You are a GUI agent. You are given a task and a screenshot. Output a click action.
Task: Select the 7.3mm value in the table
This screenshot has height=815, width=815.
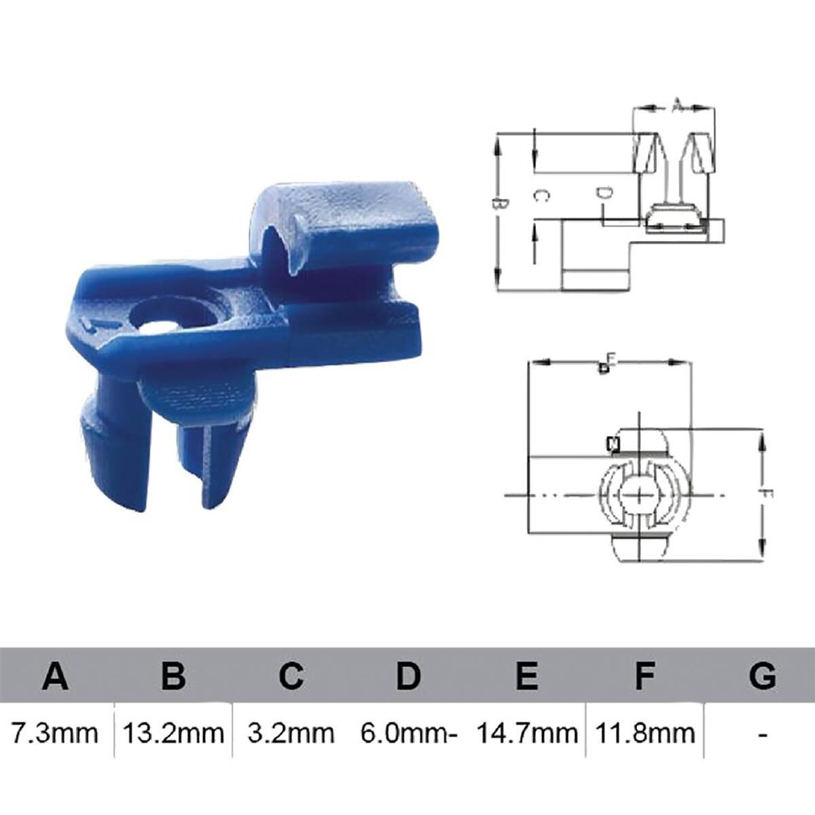(55, 733)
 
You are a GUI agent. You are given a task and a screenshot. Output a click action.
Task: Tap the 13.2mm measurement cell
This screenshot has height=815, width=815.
(174, 733)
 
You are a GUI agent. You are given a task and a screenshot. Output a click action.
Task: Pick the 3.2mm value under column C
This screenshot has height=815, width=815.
(291, 733)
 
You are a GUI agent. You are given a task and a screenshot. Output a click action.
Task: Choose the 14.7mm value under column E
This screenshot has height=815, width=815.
(527, 733)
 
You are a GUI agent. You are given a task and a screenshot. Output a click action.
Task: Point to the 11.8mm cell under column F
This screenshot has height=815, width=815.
(645, 733)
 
